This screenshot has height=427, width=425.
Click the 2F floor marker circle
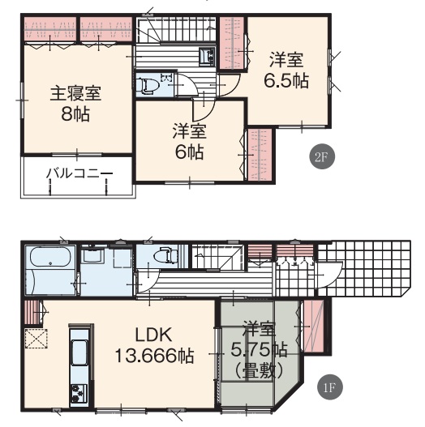click(x=322, y=156)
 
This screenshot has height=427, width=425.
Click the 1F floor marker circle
click(x=330, y=387)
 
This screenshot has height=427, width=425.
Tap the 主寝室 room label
click(x=75, y=94)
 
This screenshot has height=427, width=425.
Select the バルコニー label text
click(x=79, y=173)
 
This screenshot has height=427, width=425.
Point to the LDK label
click(x=154, y=335)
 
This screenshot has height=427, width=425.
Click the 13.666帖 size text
click(x=155, y=356)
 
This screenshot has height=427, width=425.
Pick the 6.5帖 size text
click(x=286, y=80)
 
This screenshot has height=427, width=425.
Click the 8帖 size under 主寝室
click(x=75, y=114)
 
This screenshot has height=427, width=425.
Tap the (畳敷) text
click(x=258, y=371)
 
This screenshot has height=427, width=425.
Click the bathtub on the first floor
click(x=50, y=257)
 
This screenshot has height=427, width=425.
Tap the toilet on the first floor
click(x=165, y=255)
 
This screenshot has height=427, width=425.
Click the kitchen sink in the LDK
click(x=79, y=352)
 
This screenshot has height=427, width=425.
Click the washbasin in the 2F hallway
click(x=207, y=57)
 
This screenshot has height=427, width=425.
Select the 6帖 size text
click(x=190, y=152)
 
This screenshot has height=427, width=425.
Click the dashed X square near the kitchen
click(x=36, y=339)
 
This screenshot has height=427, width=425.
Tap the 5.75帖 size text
click(x=259, y=350)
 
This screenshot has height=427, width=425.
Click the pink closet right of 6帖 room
click(x=260, y=155)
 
